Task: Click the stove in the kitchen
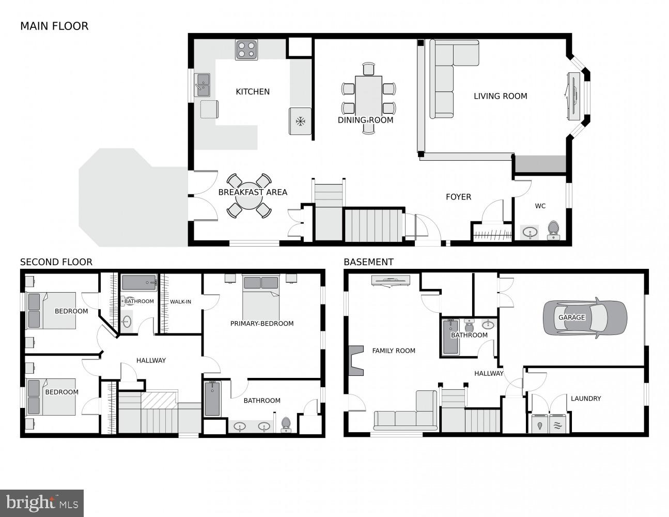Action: click(246, 50)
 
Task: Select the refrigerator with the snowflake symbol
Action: click(300, 121)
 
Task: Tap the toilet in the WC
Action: click(553, 229)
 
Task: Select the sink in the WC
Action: click(529, 233)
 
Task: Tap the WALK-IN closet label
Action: click(180, 301)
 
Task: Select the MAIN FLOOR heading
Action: click(54, 26)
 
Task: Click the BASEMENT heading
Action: click(368, 262)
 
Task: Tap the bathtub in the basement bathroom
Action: click(450, 337)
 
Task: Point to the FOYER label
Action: click(458, 197)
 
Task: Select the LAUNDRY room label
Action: click(585, 399)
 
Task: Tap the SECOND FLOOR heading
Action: click(56, 262)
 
